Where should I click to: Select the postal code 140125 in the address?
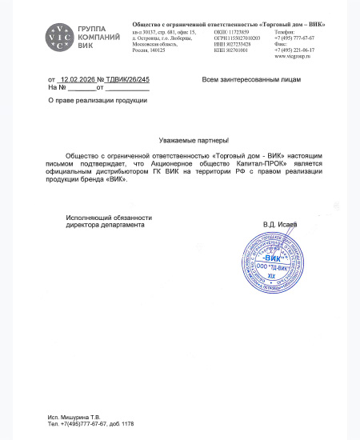(x=154, y=50)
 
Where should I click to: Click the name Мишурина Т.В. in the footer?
(x=86, y=418)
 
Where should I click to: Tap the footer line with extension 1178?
(x=90, y=424)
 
